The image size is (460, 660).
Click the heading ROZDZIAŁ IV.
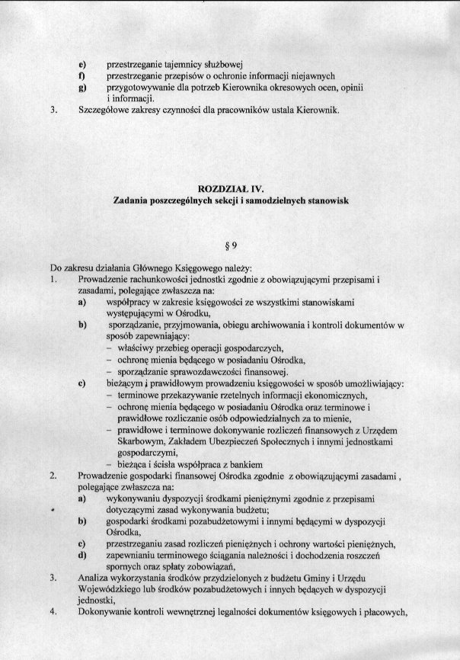coord(230,187)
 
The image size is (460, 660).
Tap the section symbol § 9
coord(229,247)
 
